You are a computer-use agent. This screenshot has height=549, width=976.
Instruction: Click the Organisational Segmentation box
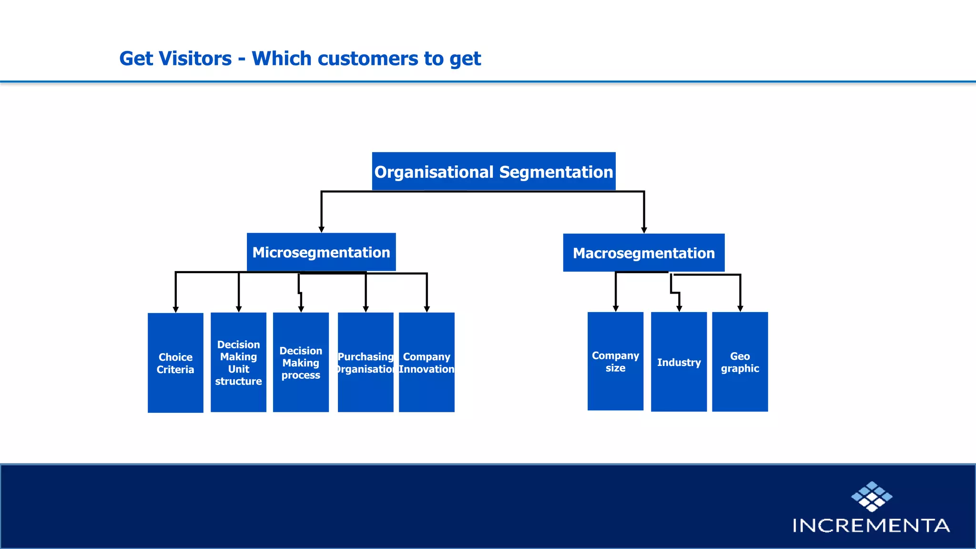(494, 172)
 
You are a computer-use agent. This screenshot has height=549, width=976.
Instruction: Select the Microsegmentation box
(321, 252)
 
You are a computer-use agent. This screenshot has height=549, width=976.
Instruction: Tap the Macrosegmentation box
(644, 253)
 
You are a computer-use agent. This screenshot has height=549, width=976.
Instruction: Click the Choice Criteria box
(175, 363)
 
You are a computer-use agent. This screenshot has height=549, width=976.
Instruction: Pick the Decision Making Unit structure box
(238, 362)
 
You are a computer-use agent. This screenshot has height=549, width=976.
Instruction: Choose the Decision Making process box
(301, 362)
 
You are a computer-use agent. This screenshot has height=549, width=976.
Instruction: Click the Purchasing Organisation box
(366, 362)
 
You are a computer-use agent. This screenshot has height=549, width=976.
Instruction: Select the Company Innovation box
(427, 362)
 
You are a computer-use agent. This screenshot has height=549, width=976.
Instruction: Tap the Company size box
(615, 361)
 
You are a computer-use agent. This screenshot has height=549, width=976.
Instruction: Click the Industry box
(679, 362)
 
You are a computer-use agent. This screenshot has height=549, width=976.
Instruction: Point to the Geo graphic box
(740, 362)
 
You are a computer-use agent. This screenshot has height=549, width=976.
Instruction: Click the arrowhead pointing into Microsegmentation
(321, 229)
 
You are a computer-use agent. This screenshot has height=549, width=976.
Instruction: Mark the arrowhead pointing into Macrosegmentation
(644, 230)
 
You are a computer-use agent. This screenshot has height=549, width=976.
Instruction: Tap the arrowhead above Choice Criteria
(175, 309)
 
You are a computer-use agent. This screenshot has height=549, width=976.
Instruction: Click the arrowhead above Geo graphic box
(740, 309)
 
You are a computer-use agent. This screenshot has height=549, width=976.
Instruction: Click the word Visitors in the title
(196, 59)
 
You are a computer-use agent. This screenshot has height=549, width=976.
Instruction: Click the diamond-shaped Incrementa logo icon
(872, 496)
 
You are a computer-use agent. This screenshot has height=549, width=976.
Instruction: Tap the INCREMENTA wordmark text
(871, 525)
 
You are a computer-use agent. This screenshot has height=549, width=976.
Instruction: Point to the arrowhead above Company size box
(616, 309)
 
